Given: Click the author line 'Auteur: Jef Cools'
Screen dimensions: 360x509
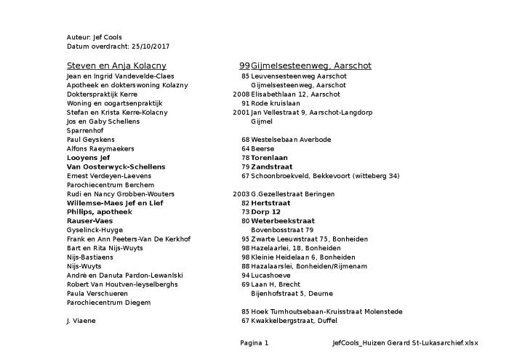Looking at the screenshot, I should (94, 37).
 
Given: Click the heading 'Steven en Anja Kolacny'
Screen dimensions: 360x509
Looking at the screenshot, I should (116, 65).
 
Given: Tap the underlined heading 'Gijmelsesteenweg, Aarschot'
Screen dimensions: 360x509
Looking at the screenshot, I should (311, 65).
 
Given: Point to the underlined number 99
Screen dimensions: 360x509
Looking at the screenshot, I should (244, 65).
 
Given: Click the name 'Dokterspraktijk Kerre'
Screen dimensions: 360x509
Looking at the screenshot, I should (102, 94).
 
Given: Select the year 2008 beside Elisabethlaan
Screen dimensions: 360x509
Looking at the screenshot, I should (241, 94).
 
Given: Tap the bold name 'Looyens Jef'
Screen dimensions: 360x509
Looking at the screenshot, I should (88, 157).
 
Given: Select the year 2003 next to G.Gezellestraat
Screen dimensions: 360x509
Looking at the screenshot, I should (241, 193).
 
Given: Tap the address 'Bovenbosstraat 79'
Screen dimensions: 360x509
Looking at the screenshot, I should (282, 230).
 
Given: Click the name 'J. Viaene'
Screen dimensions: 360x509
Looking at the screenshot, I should (81, 320).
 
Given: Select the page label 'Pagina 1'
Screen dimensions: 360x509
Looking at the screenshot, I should (254, 343).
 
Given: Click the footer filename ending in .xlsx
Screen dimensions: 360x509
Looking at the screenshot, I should (405, 343).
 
